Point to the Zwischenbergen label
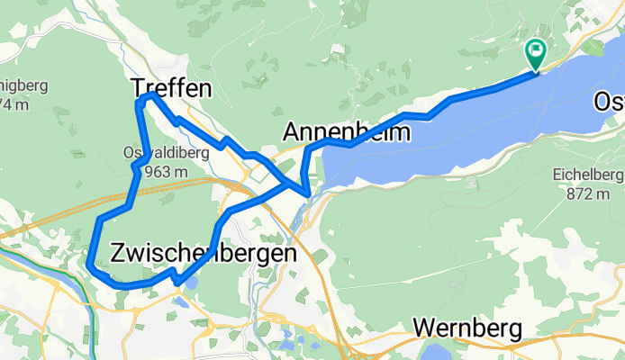[x=203, y=254]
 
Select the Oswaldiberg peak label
[x=167, y=153]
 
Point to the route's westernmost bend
[x=91, y=262]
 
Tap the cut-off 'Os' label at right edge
[x=609, y=103]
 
